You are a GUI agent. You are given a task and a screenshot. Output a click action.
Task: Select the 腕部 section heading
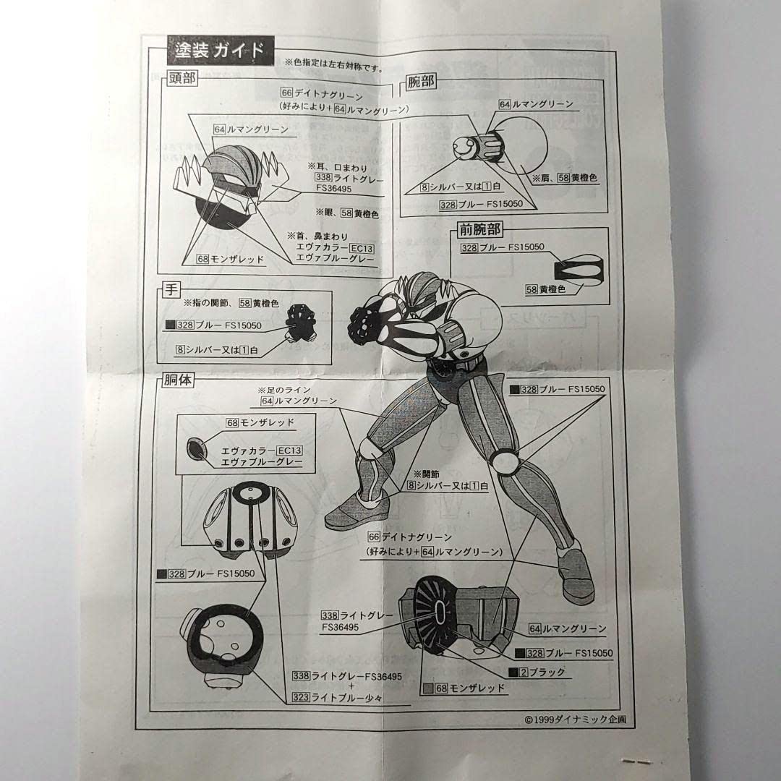[x=419, y=82]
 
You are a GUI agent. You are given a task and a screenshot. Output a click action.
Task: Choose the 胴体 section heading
[x=176, y=379]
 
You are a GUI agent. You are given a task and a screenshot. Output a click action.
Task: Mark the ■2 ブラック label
[x=539, y=673]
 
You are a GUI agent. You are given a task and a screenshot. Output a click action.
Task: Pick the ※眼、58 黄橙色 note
[x=348, y=214]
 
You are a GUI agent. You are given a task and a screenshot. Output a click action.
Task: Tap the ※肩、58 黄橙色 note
[x=565, y=177]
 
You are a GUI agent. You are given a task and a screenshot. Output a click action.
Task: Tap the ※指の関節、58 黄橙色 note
[x=231, y=302]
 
